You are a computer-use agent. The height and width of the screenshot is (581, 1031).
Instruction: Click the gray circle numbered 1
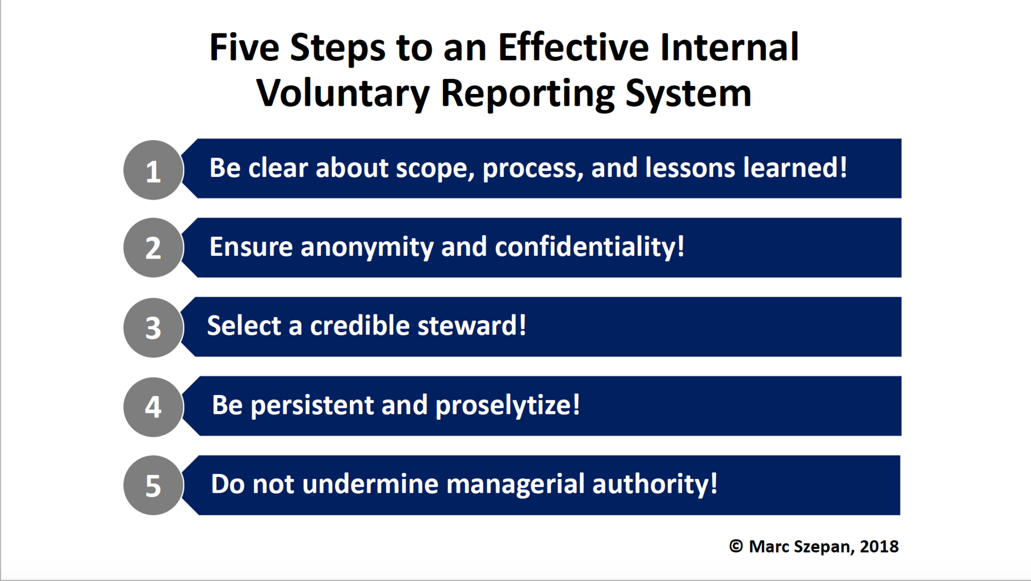click(153, 170)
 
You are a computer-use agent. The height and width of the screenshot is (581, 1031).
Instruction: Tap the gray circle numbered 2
click(153, 248)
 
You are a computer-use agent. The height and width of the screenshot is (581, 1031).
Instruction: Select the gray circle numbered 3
click(153, 327)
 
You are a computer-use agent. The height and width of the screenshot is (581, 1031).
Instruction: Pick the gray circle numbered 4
click(153, 406)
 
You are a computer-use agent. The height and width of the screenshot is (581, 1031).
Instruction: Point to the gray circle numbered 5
click(153, 485)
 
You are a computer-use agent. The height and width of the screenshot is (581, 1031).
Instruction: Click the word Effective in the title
click(573, 47)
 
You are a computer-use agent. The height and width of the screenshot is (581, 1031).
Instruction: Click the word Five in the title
click(244, 47)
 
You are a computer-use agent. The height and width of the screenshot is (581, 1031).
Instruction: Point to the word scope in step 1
click(434, 168)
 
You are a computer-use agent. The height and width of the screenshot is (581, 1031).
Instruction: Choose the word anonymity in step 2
click(367, 247)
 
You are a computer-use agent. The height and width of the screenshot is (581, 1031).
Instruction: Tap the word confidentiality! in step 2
click(589, 247)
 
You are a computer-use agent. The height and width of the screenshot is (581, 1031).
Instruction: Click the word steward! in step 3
click(471, 326)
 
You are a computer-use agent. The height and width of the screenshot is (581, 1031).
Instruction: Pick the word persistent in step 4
click(312, 405)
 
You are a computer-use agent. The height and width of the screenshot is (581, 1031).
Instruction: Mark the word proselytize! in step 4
click(507, 405)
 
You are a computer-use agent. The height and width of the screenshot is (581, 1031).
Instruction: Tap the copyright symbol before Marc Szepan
click(736, 546)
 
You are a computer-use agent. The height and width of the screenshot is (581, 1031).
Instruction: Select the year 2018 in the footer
click(879, 546)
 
